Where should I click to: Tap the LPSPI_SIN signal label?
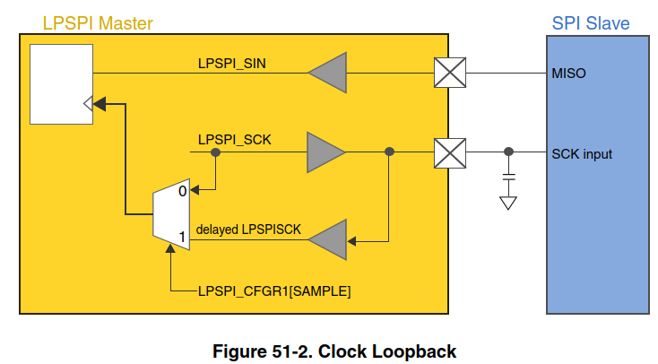[232, 64]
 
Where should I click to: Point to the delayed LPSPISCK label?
[249, 230]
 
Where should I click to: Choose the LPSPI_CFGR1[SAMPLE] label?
[273, 290]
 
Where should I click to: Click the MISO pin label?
[568, 73]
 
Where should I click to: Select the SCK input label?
[582, 153]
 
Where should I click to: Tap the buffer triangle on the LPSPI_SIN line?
[326, 73]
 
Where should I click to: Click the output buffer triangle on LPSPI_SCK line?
[325, 152]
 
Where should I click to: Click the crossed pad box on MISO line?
[448, 73]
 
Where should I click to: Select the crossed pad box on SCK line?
[448, 152]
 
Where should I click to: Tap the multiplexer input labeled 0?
[182, 190]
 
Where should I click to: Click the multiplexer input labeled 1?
[182, 238]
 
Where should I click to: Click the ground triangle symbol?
[508, 203]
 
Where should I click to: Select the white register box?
[61, 82]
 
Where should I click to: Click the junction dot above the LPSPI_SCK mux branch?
[215, 152]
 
